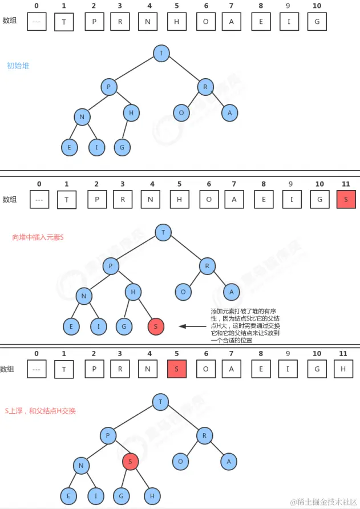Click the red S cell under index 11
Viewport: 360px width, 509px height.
pos(346,200)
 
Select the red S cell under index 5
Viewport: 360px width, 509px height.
pos(177,369)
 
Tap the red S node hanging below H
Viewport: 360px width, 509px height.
pos(156,326)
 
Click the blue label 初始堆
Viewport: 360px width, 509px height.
pos(18,66)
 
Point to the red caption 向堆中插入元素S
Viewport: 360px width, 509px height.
pos(38,237)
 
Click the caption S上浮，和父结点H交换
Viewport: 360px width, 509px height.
pos(41,411)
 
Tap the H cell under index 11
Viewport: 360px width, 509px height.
pos(343,369)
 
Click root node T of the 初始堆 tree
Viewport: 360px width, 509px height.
pos(161,54)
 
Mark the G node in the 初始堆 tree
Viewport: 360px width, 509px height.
pos(122,148)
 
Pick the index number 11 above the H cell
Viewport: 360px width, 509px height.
pos(343,354)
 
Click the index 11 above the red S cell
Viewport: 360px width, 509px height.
pos(345,184)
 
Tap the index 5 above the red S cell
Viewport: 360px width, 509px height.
pos(176,354)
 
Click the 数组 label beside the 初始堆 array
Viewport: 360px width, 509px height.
pos(10,21)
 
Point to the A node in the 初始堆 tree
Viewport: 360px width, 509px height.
pos(230,113)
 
